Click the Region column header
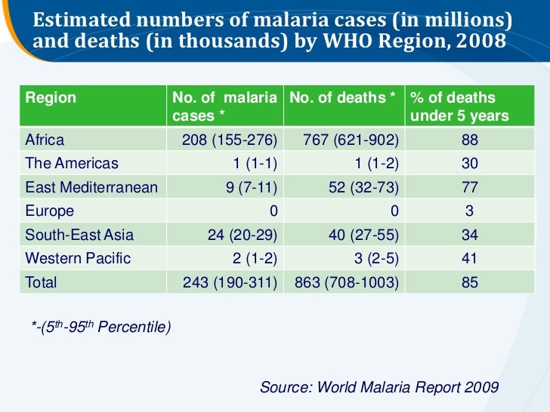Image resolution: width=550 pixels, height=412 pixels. tap(51, 98)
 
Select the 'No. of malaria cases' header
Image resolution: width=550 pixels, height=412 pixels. tap(224, 107)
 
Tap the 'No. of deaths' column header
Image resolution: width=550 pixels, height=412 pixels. tap(342, 98)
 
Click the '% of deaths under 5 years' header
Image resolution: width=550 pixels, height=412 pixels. tap(459, 107)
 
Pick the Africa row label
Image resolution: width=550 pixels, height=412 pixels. tap(45, 140)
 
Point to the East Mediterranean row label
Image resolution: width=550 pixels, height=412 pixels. tap(91, 187)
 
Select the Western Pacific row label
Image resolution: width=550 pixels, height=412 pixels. tap(78, 258)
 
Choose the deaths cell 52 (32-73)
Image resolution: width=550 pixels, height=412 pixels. tap(363, 187)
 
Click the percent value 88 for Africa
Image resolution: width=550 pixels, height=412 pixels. tap(470, 140)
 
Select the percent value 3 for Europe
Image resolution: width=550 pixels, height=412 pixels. tap(470, 211)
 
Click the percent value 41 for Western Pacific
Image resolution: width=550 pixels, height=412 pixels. tap(470, 258)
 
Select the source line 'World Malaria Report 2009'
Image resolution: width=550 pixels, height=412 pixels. tap(379, 387)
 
